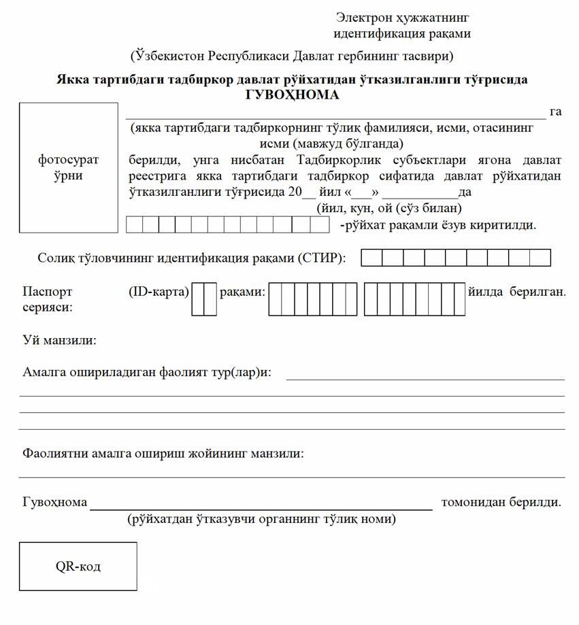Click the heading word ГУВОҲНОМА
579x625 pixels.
292,95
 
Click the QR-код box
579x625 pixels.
78,566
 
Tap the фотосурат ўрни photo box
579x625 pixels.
69,167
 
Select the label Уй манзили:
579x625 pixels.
59,339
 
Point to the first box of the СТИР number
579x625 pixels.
371,258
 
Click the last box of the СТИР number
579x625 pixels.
540,258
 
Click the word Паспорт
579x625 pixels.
48,292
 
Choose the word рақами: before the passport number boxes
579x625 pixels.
242,292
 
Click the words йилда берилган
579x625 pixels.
518,292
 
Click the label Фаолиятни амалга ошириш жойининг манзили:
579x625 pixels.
163,452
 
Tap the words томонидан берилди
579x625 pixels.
501,503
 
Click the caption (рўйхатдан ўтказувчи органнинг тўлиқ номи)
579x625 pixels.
261,520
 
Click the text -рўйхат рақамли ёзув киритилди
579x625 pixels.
438,224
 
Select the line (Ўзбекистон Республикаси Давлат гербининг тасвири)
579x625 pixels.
292,55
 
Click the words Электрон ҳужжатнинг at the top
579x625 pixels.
403,17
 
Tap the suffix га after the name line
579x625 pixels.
555,112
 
